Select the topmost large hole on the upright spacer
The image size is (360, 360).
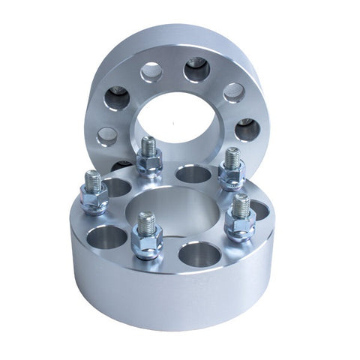(x=196, y=70)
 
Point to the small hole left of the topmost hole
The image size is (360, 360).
(x=151, y=72)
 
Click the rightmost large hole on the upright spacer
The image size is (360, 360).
(x=247, y=130)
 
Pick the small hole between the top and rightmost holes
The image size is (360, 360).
(x=234, y=92)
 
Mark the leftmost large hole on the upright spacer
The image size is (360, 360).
(x=116, y=97)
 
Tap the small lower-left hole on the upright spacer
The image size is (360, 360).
(x=107, y=136)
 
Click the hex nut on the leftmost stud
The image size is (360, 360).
(x=94, y=201)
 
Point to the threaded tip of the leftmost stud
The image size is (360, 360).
(x=93, y=180)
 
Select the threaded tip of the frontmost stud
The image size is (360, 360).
(x=146, y=221)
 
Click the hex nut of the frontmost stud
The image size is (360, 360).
(x=146, y=240)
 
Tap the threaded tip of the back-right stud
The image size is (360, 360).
(x=232, y=157)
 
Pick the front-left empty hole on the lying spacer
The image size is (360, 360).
(x=107, y=237)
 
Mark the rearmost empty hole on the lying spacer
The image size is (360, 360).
(x=193, y=175)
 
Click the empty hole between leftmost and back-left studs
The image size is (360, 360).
(x=118, y=185)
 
